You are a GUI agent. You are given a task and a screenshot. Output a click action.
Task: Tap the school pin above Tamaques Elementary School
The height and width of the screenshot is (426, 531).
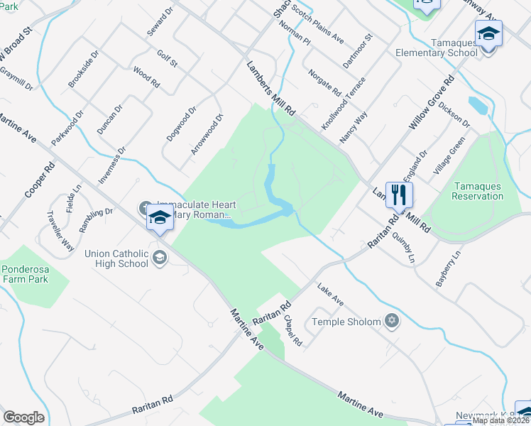[x=488, y=34]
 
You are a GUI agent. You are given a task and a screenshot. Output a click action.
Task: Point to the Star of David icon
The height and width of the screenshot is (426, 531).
[x=390, y=321]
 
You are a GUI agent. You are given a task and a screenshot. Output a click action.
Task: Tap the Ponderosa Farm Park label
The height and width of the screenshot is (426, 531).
[x=34, y=273]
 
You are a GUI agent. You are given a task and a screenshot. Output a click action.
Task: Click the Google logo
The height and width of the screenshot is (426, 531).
[x=23, y=417]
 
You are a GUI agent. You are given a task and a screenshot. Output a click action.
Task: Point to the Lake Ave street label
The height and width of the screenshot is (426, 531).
[x=331, y=295]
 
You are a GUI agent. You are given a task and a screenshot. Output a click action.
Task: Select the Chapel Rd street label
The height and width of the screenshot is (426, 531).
[x=293, y=331]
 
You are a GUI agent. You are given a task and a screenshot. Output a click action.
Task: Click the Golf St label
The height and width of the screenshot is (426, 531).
[x=167, y=59]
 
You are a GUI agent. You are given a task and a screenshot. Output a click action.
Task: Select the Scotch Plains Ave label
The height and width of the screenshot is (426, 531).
[x=320, y=30]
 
